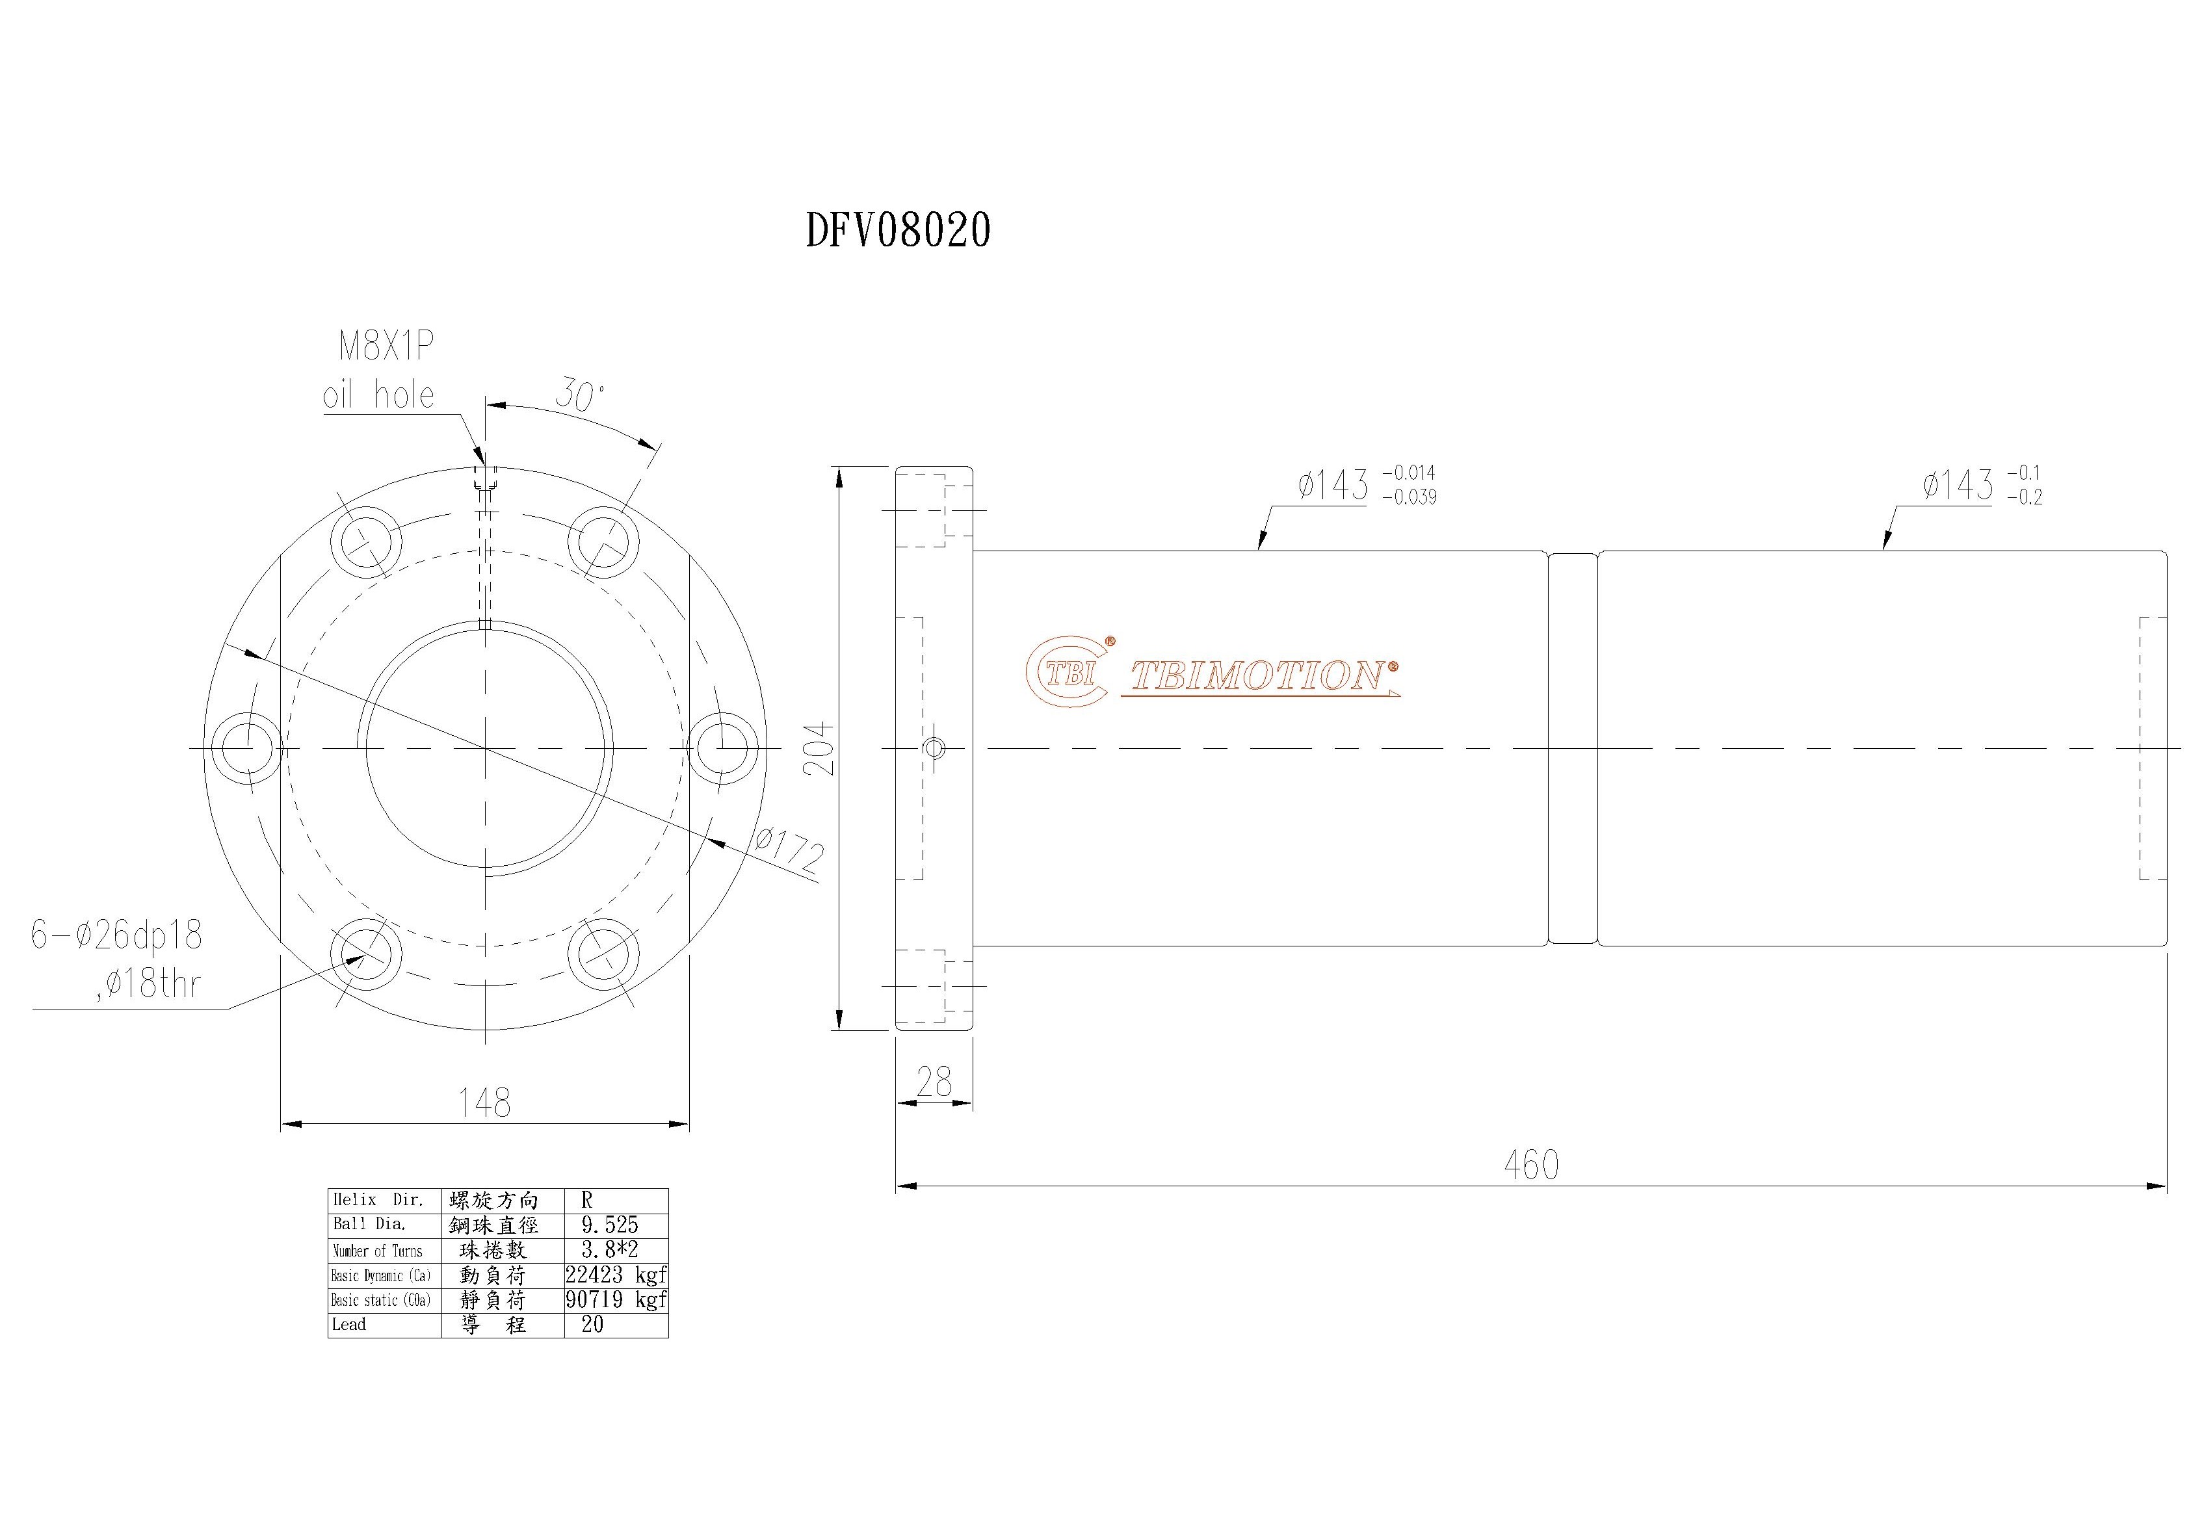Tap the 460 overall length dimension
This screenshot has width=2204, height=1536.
point(1531,1164)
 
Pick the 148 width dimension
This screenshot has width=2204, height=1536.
point(485,1102)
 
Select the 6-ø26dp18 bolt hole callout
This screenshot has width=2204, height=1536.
point(117,935)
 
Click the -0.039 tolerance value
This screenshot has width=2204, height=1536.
point(1409,497)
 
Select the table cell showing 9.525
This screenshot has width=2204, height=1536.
point(610,1225)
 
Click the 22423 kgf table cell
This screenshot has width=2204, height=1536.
point(615,1275)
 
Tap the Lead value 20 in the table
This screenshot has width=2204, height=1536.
point(592,1325)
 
